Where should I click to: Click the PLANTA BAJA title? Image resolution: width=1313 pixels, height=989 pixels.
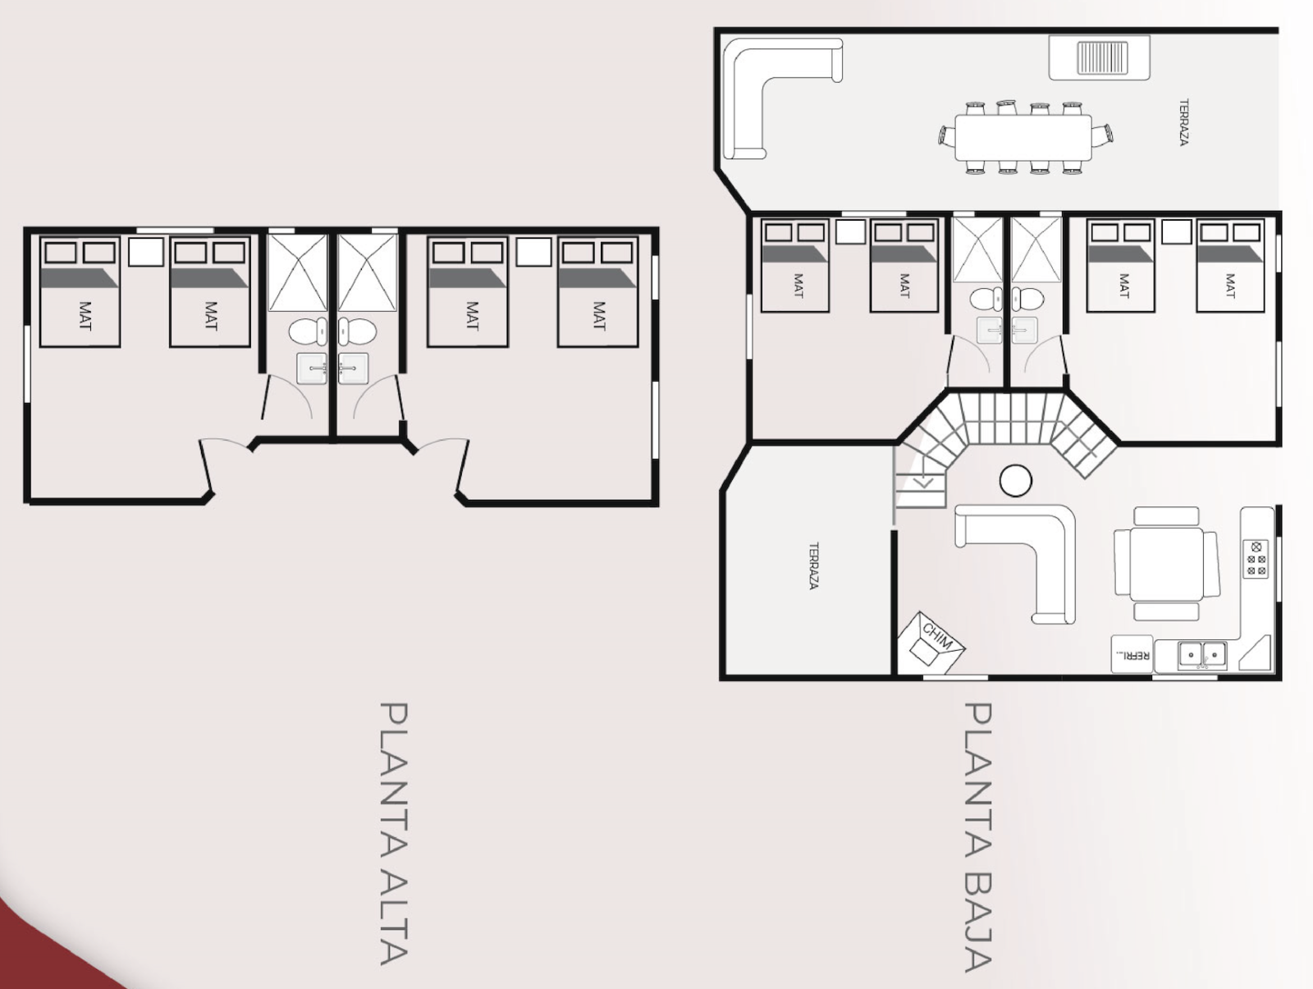pyautogui.click(x=979, y=837)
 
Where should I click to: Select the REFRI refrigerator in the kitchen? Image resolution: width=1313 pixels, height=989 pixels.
pyautogui.click(x=1132, y=654)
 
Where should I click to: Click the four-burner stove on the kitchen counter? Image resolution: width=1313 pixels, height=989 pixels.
pyautogui.click(x=1256, y=559)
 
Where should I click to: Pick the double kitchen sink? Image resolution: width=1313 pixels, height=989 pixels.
pyautogui.click(x=1202, y=655)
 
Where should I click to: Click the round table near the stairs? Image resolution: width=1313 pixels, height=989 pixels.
pyautogui.click(x=1016, y=480)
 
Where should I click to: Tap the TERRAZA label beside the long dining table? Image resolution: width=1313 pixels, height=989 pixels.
pyautogui.click(x=1183, y=122)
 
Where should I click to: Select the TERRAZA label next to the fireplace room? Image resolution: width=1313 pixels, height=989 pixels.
pyautogui.click(x=813, y=566)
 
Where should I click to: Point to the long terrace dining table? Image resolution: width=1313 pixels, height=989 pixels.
pyautogui.click(x=1023, y=138)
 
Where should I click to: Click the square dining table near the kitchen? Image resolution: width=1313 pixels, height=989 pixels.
pyautogui.click(x=1166, y=564)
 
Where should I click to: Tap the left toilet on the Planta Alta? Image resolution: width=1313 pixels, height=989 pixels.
pyautogui.click(x=308, y=332)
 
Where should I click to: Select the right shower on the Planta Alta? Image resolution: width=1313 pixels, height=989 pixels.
pyautogui.click(x=367, y=272)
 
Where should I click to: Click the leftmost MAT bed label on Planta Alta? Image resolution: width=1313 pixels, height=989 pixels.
pyautogui.click(x=85, y=316)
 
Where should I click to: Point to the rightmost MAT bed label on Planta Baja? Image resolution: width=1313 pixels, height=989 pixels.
pyautogui.click(x=1229, y=286)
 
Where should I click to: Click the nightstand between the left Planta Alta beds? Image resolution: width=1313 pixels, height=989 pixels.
pyautogui.click(x=146, y=252)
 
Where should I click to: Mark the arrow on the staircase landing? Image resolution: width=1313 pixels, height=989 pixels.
pyautogui.click(x=925, y=482)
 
